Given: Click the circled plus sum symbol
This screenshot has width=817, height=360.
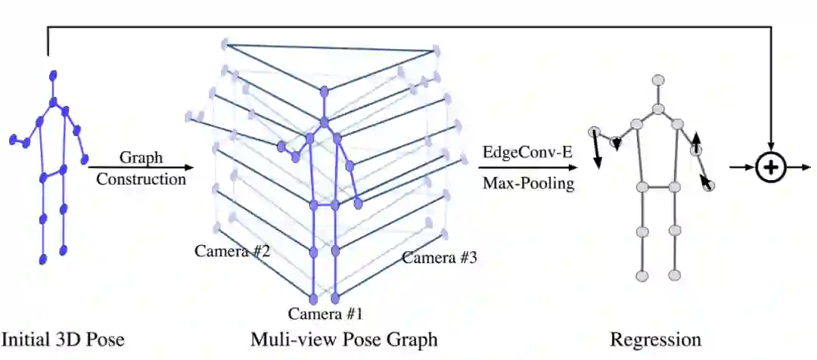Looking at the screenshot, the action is pos(770,168).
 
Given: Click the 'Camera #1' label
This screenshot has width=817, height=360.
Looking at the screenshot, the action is pos(325,312).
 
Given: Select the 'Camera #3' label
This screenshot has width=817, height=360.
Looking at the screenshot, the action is pos(439,258).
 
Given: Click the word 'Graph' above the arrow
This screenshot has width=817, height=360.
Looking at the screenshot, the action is pos(141,158).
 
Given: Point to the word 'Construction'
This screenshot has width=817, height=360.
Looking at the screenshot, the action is pos(141,179).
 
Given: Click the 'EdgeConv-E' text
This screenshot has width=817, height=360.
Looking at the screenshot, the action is pos(527,151).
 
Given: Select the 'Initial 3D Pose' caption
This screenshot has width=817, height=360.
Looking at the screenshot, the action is pos(63,338).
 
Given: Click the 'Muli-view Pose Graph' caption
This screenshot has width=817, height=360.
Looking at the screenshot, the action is pos(344,338).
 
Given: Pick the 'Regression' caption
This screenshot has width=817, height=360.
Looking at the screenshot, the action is pos(655,338).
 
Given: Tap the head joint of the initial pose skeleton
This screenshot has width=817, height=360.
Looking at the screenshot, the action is pos(54,75).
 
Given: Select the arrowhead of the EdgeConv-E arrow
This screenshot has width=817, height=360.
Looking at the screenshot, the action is pos(579,168).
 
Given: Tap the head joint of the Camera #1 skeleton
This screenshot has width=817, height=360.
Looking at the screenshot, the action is pos(325,92).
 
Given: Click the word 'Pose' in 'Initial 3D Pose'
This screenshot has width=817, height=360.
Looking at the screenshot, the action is pos(105,338).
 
